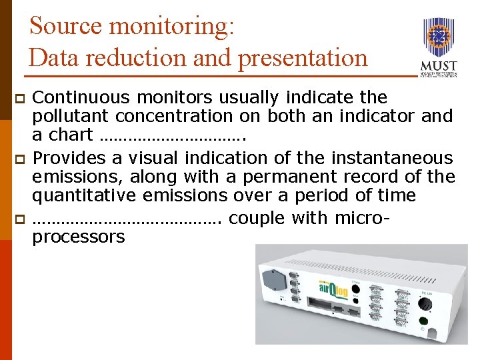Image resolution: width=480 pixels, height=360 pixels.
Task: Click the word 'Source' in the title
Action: (x=66, y=26)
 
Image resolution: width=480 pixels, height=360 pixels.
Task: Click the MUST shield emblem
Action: (x=439, y=37)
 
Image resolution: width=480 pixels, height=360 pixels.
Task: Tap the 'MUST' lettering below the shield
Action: (x=439, y=67)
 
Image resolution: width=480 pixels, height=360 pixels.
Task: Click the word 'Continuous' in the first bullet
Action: (x=84, y=98)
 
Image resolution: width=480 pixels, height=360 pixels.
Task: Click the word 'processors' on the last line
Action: (x=78, y=237)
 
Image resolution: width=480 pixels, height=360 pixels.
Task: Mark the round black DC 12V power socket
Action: (x=423, y=303)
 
